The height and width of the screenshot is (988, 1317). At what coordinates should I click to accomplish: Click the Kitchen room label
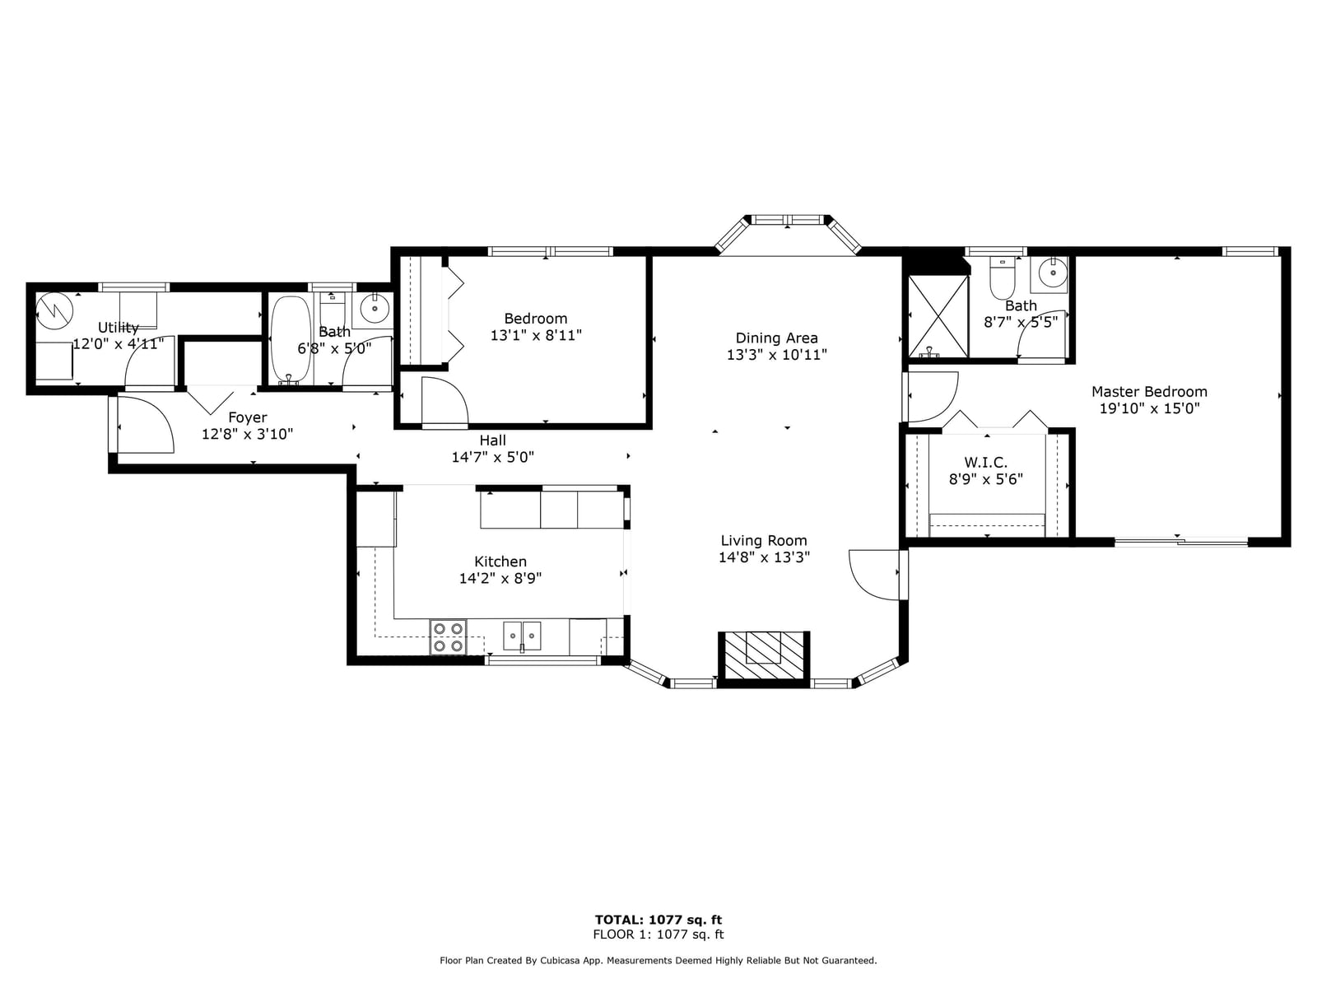pyautogui.click(x=500, y=562)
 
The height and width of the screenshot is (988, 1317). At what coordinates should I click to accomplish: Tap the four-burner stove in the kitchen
pyautogui.click(x=448, y=636)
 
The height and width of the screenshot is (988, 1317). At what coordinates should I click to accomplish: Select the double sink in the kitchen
pyautogui.click(x=521, y=636)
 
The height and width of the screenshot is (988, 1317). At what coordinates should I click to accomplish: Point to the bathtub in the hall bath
pyautogui.click(x=291, y=340)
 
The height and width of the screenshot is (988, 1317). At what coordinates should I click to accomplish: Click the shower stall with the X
pyautogui.click(x=938, y=316)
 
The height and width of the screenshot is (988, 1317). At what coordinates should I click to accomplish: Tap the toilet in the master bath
pyautogui.click(x=1002, y=278)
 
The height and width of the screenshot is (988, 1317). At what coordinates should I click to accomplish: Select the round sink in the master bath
pyautogui.click(x=1053, y=273)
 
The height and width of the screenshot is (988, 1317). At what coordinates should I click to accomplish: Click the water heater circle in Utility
pyautogui.click(x=54, y=311)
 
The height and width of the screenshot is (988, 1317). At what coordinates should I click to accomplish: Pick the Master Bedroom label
pyautogui.click(x=1149, y=392)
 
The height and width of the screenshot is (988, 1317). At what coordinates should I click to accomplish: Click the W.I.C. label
pyautogui.click(x=986, y=463)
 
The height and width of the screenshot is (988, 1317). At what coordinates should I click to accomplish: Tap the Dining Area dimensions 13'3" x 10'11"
pyautogui.click(x=776, y=355)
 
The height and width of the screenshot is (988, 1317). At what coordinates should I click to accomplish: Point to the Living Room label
pyautogui.click(x=764, y=540)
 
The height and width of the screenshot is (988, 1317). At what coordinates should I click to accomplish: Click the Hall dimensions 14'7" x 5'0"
pyautogui.click(x=492, y=457)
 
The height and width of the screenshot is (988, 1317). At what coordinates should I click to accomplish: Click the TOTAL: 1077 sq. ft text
pyautogui.click(x=658, y=920)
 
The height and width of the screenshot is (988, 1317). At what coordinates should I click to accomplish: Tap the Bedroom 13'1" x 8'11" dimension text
pyautogui.click(x=536, y=335)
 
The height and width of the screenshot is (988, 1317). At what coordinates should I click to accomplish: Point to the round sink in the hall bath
pyautogui.click(x=375, y=309)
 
